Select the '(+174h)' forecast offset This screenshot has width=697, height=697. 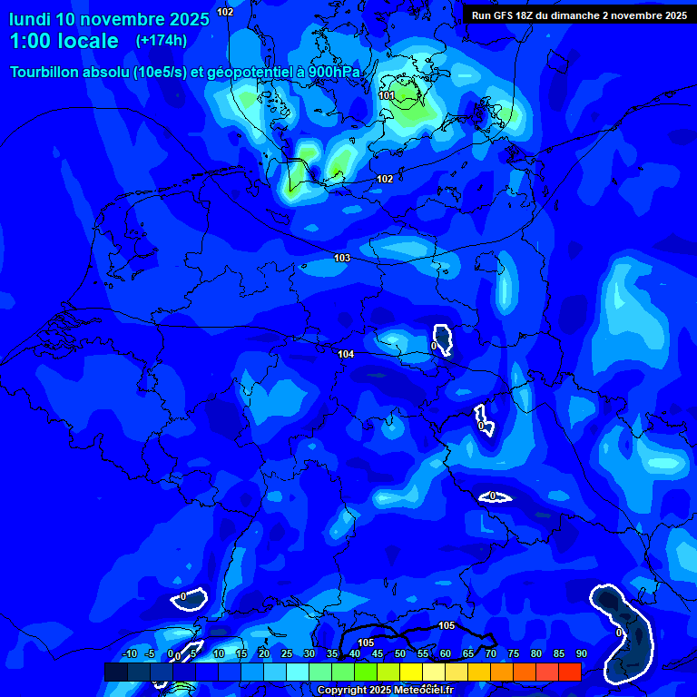pos(162,41)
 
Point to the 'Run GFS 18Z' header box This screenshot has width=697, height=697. pos(579,15)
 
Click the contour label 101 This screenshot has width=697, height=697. pos(387,95)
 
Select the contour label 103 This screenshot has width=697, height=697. pos(342,259)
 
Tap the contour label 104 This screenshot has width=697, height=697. pos(346,354)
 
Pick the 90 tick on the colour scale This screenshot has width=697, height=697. pos(581,653)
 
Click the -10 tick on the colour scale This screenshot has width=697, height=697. pos(130,653)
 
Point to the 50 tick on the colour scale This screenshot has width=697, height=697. pos(400,653)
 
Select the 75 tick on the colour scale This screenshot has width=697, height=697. pos(514,653)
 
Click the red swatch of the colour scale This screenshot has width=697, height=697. pos(570,672)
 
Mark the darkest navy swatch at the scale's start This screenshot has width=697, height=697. pos(116,672)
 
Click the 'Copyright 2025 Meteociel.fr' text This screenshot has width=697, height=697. pos(385,690)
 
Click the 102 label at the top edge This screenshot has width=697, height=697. pos(225,12)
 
